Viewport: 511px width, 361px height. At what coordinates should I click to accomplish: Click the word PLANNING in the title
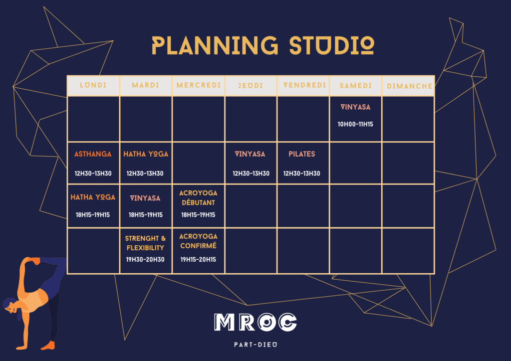tap(215, 45)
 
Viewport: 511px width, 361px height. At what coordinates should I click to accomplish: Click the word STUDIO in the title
tap(332, 45)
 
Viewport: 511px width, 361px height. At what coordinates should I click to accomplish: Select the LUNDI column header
tap(93, 85)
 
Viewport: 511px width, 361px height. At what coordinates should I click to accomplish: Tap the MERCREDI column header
tap(199, 85)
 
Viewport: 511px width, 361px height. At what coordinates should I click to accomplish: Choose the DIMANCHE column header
tap(410, 86)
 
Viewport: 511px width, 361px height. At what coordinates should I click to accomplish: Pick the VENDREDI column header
tap(305, 85)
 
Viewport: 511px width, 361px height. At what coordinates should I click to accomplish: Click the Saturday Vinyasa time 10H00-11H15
tap(355, 124)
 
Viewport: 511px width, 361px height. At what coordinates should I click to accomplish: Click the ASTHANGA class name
tap(93, 154)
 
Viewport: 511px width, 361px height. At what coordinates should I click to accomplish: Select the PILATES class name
tap(302, 154)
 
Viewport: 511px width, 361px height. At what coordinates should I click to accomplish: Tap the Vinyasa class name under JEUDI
tap(250, 154)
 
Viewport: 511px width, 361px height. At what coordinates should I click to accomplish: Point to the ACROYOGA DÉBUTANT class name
tap(198, 198)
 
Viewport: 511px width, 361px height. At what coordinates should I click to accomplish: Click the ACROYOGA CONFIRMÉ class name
tap(198, 241)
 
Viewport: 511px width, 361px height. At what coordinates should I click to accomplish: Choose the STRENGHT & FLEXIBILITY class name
tap(145, 243)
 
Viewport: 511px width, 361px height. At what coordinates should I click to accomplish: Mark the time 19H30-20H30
tap(145, 260)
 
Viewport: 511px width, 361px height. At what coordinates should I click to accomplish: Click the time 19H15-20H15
tap(198, 260)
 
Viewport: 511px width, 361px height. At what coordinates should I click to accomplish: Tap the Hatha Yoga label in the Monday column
tap(93, 197)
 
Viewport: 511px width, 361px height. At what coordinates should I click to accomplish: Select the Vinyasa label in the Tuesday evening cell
tap(145, 198)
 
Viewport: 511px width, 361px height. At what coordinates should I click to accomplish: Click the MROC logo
tap(255, 322)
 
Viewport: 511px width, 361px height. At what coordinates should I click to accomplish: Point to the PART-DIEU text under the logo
tap(255, 345)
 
